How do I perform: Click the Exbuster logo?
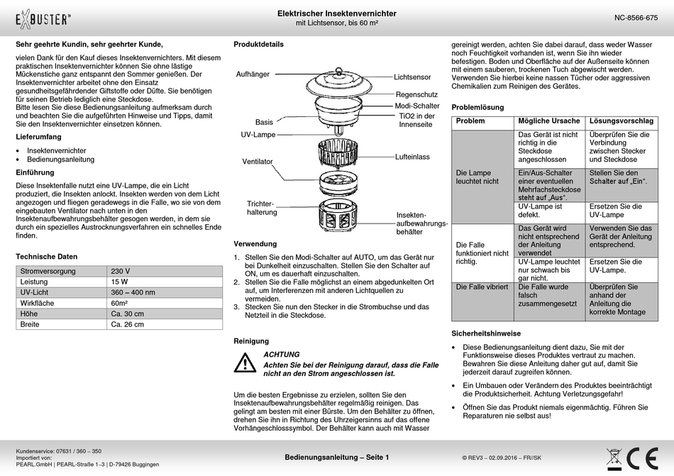click(42, 19)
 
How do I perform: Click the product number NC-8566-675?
click(635, 18)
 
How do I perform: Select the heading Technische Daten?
click(46, 256)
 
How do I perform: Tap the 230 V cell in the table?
click(121, 271)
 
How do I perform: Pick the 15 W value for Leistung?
click(120, 282)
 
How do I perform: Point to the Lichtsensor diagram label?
click(412, 77)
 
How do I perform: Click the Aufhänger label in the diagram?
click(253, 74)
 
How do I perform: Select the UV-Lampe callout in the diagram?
click(258, 134)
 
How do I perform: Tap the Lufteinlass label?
click(412, 157)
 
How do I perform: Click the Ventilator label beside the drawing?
click(258, 162)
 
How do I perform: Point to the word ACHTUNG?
click(282, 354)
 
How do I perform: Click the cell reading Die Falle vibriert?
click(482, 287)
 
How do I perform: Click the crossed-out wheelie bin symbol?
click(614, 456)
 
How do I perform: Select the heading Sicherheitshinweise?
click(486, 333)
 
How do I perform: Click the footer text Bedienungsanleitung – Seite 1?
click(336, 458)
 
